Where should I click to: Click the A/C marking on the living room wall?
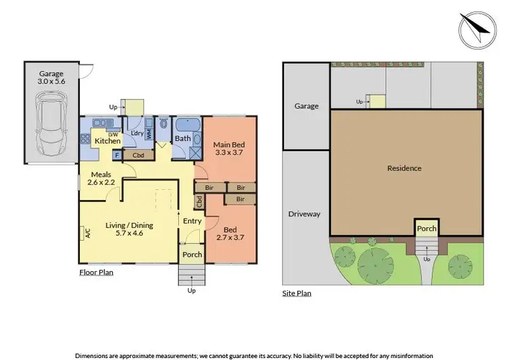click(88, 234)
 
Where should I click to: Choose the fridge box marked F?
click(118, 155)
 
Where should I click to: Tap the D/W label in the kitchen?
click(113, 134)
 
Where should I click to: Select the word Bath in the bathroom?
click(182, 138)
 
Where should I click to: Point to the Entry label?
click(192, 221)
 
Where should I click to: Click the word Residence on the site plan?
click(404, 168)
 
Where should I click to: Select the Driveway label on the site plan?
click(305, 214)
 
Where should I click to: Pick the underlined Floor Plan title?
click(96, 273)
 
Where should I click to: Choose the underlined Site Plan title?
click(297, 294)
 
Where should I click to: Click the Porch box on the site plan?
click(426, 228)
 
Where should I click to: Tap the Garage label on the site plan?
click(305, 106)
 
